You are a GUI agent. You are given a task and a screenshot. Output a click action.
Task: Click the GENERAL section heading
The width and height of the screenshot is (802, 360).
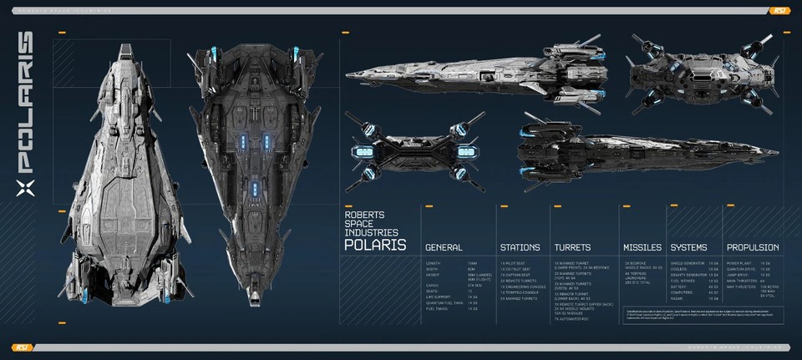click(x=444, y=247)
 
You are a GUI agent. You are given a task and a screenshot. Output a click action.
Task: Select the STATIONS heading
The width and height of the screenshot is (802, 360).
click(x=520, y=247)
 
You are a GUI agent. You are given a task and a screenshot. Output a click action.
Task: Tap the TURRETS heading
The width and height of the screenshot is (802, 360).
click(x=572, y=247)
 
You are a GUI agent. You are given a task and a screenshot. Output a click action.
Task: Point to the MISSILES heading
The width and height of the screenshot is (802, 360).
click(x=642, y=247)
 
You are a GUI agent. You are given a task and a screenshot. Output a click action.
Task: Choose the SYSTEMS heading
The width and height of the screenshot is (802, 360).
click(x=688, y=247)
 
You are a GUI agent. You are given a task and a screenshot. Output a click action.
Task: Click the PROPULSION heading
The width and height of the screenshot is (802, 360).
click(x=753, y=247)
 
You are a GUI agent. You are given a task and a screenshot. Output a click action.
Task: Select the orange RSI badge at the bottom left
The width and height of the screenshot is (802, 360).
click(x=22, y=347)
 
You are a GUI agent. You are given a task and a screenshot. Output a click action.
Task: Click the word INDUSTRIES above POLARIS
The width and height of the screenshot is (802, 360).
click(x=371, y=231)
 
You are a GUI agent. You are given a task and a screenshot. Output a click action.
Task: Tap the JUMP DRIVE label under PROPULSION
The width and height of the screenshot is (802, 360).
click(x=736, y=274)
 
